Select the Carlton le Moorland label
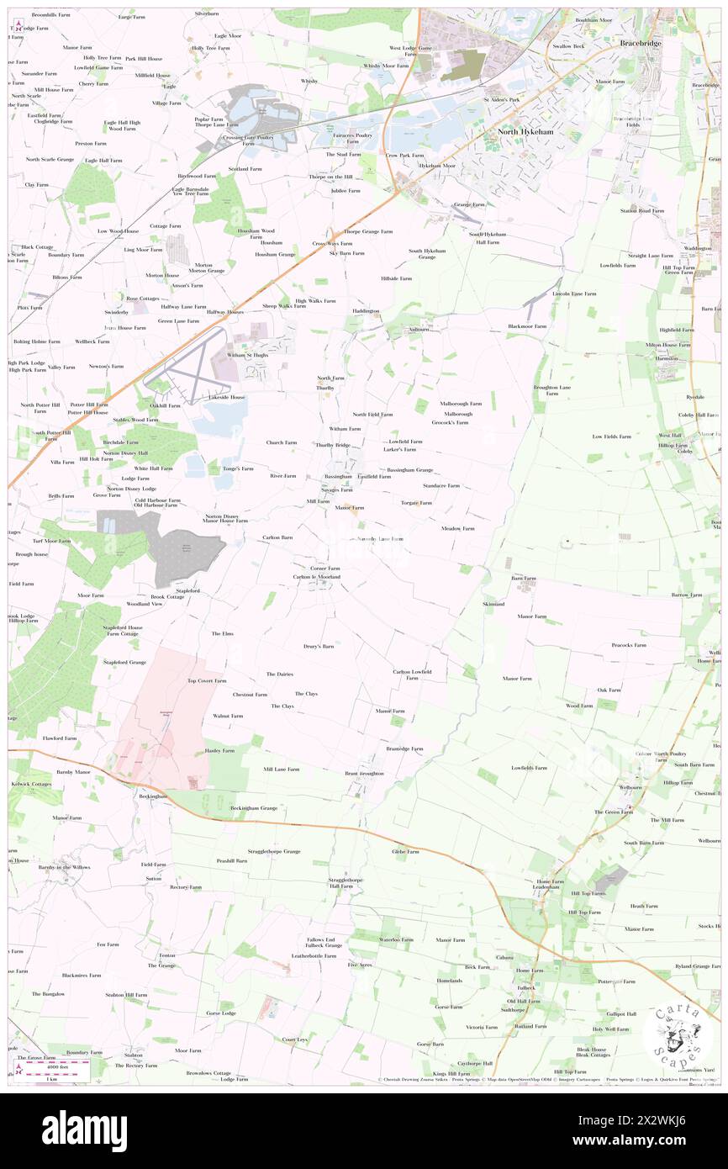(316, 577)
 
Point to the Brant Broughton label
(364, 773)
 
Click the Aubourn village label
(419, 330)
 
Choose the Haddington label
(366, 311)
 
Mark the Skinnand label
(493, 604)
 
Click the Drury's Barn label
(319, 647)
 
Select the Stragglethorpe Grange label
(274, 851)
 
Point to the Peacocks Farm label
(629, 645)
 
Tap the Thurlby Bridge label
(332, 444)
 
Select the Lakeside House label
(227, 397)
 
